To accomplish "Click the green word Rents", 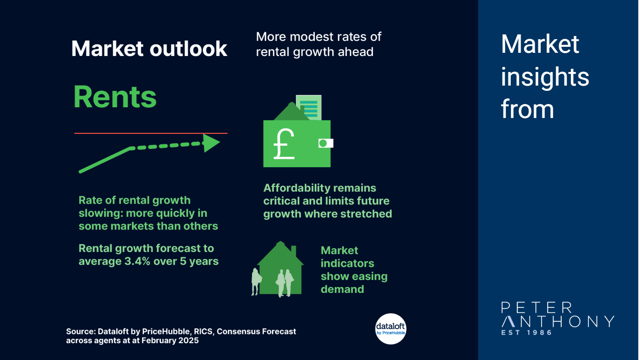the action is coord(115,97).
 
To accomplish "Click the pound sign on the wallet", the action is coord(284,144).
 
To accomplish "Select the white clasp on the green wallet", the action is coord(326,143).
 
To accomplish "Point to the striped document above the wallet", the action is coord(309,108).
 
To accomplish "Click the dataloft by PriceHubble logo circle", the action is coord(390,329).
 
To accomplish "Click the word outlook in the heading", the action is coord(188,49).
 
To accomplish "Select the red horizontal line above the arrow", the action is coord(151,133).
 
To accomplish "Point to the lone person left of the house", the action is coord(256,282).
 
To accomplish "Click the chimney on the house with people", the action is coord(294,252).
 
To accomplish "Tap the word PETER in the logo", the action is coord(537,308).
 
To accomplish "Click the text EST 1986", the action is coord(526,332).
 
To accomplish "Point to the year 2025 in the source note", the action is coord(188,340).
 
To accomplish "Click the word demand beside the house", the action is coord(342,289).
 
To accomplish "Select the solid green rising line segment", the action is coord(105,160).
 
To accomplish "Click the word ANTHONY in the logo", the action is coord(558,322).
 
